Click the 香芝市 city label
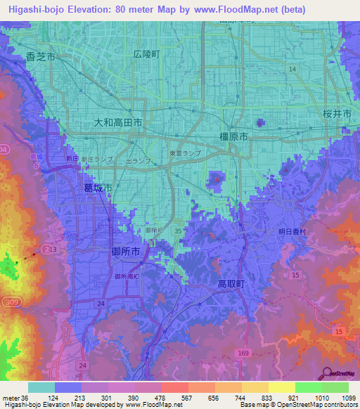tap(39, 57)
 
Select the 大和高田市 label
tap(118, 122)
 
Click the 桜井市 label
tap(337, 113)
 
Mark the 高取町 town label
tap(230, 283)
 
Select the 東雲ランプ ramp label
tap(184, 152)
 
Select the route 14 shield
tap(292, 68)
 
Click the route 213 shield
tap(49, 249)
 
